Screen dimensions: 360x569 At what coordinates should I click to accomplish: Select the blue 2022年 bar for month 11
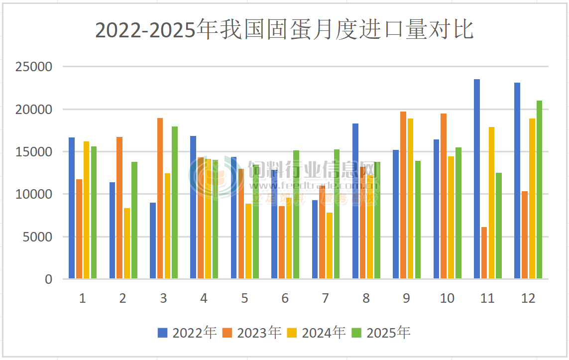[x=477, y=179]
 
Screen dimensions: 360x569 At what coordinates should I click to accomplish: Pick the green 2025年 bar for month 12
[x=539, y=189]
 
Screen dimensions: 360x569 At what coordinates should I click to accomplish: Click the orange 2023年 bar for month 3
[x=160, y=198]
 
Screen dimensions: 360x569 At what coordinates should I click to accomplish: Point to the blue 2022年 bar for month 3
[x=153, y=240]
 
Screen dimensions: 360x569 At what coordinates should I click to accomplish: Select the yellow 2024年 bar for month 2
[x=127, y=243]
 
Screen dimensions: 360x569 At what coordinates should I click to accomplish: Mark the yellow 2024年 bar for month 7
[x=330, y=245]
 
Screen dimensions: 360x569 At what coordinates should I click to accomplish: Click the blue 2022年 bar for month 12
[x=517, y=180]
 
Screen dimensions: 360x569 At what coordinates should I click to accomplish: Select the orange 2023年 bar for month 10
[x=444, y=196]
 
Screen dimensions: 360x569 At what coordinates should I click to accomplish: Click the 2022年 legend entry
[x=187, y=333]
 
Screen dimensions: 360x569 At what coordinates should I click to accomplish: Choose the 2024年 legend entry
[x=317, y=333]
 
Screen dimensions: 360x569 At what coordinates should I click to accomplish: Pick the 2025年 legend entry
[x=381, y=333]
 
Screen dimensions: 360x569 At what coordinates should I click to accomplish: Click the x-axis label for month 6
[x=285, y=298]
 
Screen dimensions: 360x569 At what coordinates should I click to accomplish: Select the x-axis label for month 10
[x=447, y=298]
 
